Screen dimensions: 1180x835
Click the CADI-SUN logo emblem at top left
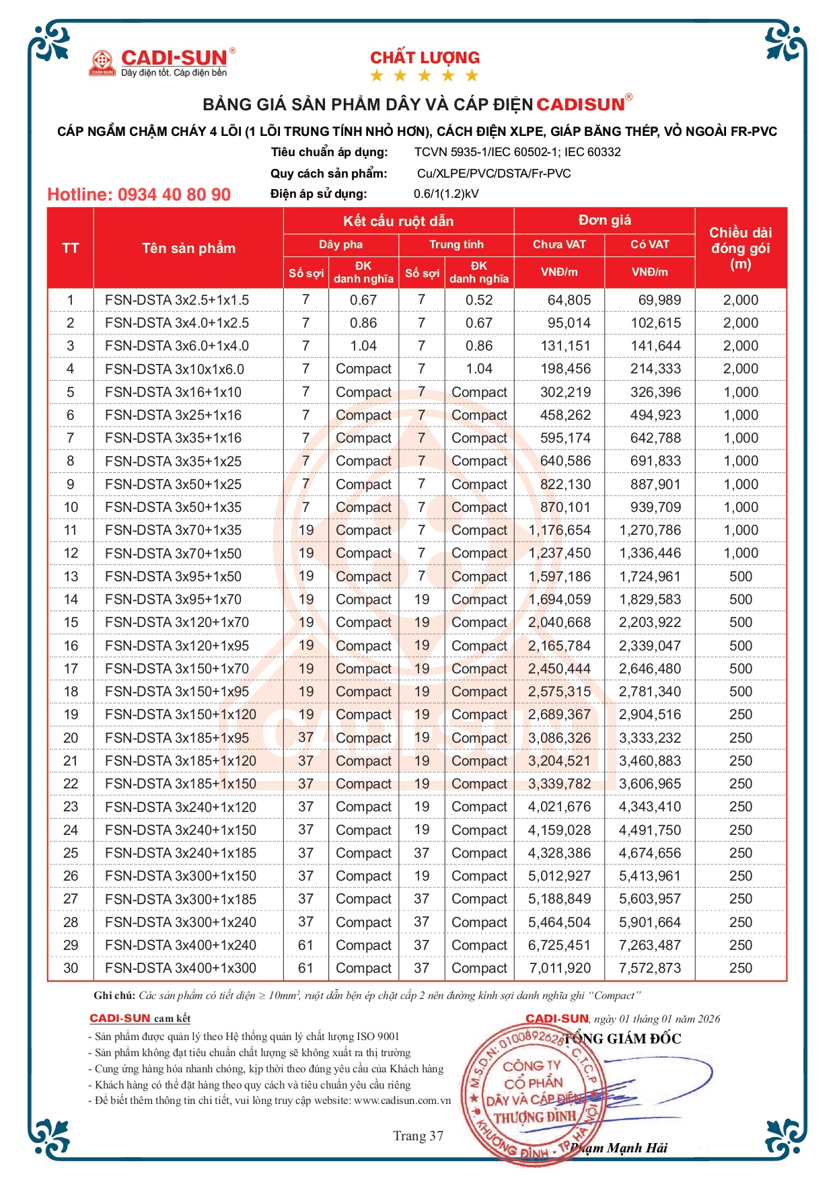(x=103, y=63)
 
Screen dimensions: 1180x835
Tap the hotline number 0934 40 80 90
(x=139, y=195)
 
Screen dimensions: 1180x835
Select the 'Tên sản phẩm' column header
(x=188, y=248)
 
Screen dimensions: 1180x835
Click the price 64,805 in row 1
(x=569, y=300)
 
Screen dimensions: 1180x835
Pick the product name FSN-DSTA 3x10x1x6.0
(x=174, y=369)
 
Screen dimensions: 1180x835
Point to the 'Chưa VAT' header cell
(x=559, y=244)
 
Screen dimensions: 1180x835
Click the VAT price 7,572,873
(x=649, y=968)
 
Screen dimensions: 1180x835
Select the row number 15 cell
(x=71, y=622)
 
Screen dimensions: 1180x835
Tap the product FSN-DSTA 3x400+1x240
(x=180, y=945)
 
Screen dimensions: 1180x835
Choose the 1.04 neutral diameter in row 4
(x=478, y=369)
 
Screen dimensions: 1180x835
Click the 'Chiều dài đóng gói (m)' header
(x=740, y=248)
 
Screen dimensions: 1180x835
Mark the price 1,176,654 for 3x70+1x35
(x=559, y=530)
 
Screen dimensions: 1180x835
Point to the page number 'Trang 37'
(x=418, y=1136)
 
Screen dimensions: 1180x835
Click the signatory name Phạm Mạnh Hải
(x=619, y=1148)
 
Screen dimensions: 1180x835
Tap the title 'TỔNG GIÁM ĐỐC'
(x=622, y=1039)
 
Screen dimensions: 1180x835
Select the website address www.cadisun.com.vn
(x=402, y=1101)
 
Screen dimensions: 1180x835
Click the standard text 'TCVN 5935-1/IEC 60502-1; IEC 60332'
(x=517, y=152)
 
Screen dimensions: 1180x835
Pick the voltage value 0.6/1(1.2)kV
(x=446, y=194)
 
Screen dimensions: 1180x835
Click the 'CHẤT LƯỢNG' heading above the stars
(x=425, y=58)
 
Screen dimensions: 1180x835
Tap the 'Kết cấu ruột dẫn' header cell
(x=398, y=221)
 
